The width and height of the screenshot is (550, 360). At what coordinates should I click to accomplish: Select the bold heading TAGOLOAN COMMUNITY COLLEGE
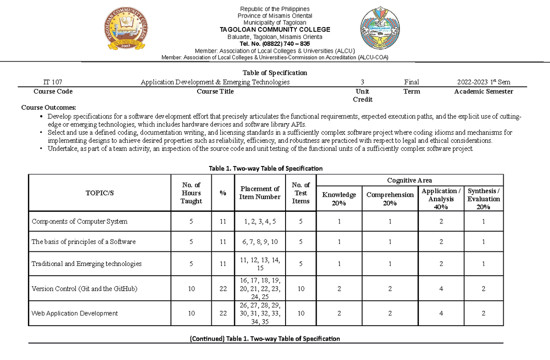coord(275,30)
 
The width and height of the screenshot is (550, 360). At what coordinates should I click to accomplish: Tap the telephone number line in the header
coord(275,44)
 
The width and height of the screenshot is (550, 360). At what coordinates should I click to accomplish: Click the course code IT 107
coord(53,82)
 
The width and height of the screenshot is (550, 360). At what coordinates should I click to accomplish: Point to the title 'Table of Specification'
coord(275,72)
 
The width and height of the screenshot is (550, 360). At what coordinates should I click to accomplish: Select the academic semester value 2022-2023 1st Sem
coord(484,82)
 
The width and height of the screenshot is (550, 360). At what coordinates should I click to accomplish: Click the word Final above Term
coord(411,82)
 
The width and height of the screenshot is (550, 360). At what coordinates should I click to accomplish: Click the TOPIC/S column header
coord(99,193)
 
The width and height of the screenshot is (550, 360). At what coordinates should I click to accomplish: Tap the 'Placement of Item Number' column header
coord(260,193)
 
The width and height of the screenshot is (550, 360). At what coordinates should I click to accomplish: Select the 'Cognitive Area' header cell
coord(409,180)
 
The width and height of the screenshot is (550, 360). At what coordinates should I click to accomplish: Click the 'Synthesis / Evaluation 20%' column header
coord(484,199)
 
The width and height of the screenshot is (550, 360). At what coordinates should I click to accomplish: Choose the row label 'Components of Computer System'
coord(79,222)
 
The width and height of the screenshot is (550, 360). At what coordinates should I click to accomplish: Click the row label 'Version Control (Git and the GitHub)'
coord(84,289)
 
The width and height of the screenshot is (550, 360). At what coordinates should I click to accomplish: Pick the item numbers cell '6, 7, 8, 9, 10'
coord(260,242)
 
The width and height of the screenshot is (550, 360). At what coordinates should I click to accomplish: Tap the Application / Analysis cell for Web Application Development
coord(441,313)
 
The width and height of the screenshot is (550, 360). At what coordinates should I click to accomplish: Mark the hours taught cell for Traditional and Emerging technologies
coord(191,264)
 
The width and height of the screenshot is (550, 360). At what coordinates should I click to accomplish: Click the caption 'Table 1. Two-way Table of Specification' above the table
coord(266,168)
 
